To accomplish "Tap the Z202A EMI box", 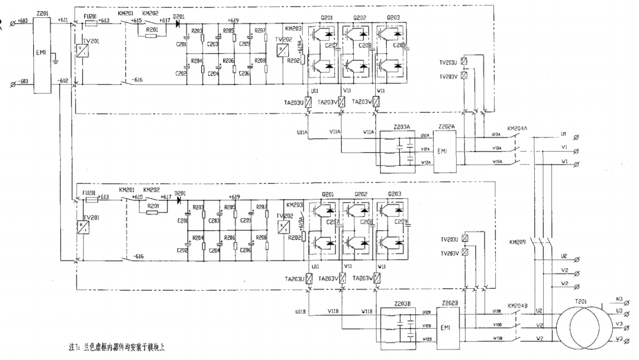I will click(x=446, y=151).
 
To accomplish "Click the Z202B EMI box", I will click(x=446, y=327).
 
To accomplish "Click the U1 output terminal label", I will click(x=564, y=134).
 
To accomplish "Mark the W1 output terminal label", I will click(x=565, y=160).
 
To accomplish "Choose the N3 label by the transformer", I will click(x=619, y=299).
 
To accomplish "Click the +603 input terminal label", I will click(x=23, y=21).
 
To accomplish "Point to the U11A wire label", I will click(x=302, y=132).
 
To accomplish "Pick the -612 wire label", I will click(x=63, y=80).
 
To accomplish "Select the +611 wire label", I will click(x=63, y=20).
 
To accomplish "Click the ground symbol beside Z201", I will click(x=54, y=60).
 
